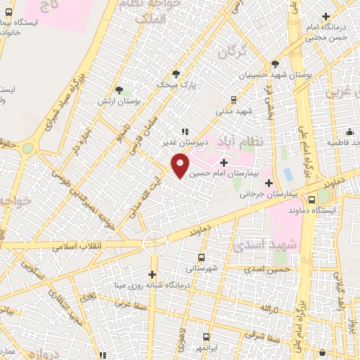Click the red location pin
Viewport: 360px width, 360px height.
pyautogui.click(x=180, y=165)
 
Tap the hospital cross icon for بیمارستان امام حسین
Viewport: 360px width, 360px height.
pyautogui.click(x=224, y=163)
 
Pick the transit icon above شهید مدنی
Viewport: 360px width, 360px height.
pyautogui.click(x=234, y=101)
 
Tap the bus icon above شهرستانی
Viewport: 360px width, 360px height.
pyautogui.click(x=202, y=257)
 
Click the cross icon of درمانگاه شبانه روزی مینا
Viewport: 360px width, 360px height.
pyautogui.click(x=153, y=274)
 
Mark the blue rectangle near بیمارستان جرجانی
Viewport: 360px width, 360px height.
pyautogui.click(x=287, y=173)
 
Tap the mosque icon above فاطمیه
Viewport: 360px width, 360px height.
pyautogui.click(x=349, y=132)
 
